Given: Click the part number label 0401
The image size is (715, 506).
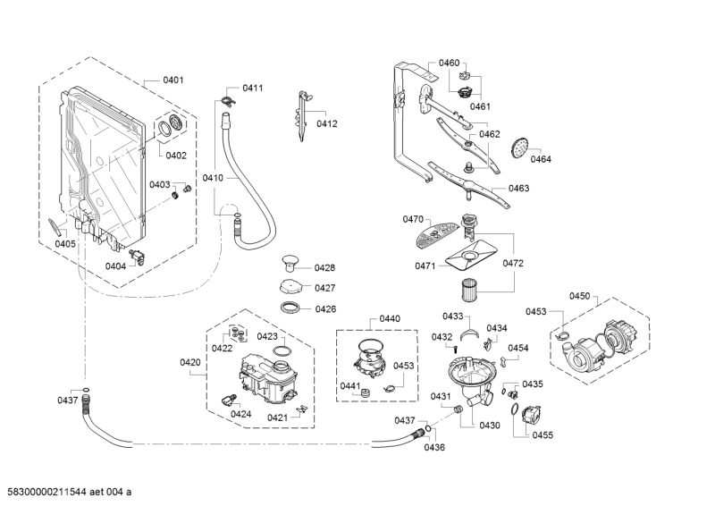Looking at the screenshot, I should pyautogui.click(x=173, y=80).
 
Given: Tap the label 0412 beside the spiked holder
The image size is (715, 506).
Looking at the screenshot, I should pyautogui.click(x=326, y=124).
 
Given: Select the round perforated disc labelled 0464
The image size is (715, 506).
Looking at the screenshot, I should pyautogui.click(x=518, y=148).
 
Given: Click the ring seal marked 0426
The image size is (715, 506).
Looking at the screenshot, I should pyautogui.click(x=290, y=308).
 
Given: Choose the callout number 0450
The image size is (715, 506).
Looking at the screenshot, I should pyautogui.click(x=580, y=296).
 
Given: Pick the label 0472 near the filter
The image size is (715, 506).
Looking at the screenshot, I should pyautogui.click(x=513, y=264).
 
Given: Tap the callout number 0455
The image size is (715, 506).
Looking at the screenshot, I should pyautogui.click(x=543, y=434).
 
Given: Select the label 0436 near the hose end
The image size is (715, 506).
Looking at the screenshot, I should pyautogui.click(x=434, y=447).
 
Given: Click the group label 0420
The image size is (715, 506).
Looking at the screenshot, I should pyautogui.click(x=190, y=362).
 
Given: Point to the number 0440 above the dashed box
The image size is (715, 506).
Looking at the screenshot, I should pyautogui.click(x=390, y=318).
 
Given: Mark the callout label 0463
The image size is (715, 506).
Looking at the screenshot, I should pyautogui.click(x=518, y=189).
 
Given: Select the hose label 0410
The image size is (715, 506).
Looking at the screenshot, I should pyautogui.click(x=213, y=178).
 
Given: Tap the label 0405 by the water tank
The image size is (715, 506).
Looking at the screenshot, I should pyautogui.click(x=65, y=244).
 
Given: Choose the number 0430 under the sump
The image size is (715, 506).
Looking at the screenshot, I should pyautogui.click(x=489, y=426).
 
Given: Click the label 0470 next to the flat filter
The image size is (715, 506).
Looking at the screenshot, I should pyautogui.click(x=413, y=219).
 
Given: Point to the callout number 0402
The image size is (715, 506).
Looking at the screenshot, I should pyautogui.click(x=175, y=156).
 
